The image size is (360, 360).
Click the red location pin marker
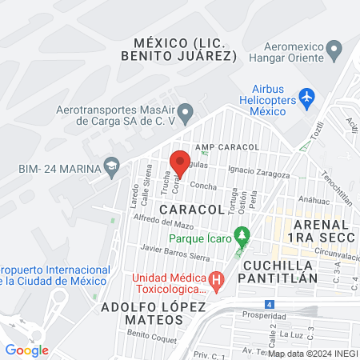tap(180, 162)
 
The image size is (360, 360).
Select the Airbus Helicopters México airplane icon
tap(306, 97)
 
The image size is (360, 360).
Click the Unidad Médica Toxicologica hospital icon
tap(215, 281)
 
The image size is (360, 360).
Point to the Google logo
tap(26, 350)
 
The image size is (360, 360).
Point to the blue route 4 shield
tap(270, 304)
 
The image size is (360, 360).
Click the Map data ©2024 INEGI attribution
tap(312, 353)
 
